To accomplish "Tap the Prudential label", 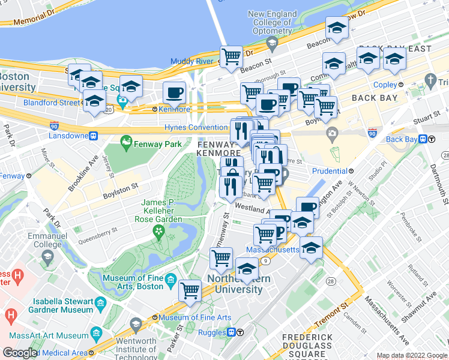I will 330,171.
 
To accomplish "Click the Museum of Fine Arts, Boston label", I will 133,282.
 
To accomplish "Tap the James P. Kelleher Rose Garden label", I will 161,211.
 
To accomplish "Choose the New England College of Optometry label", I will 272,22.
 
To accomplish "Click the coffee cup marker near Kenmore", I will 174,92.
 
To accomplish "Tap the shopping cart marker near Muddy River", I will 231,56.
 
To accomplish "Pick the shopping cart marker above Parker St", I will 190,290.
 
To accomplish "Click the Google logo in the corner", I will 20,353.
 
